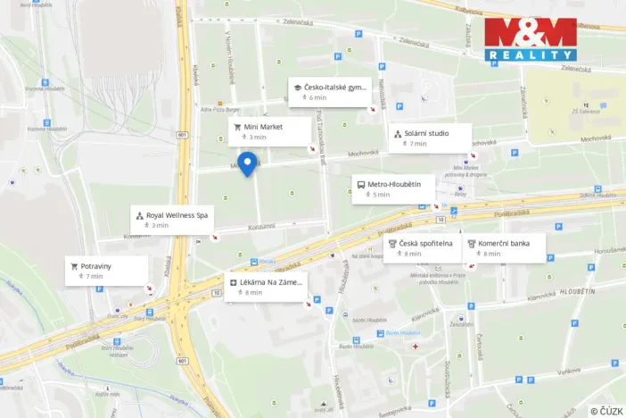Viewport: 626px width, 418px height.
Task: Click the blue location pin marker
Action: pos(247,164)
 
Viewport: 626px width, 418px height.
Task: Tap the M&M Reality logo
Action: pos(530,39)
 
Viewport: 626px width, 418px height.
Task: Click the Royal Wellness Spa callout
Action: pos(173,220)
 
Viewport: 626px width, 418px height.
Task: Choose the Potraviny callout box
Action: pos(107,271)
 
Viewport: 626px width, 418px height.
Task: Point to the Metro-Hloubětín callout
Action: pos(392,189)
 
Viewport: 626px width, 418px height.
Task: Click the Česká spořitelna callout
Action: pos(422,247)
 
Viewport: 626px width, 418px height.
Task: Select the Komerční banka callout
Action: pos(504,247)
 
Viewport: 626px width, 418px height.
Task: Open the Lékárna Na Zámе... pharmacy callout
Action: pos(266,287)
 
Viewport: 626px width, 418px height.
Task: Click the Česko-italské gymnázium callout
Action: pos(329,92)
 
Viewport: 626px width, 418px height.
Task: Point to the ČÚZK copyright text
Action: pos(606,410)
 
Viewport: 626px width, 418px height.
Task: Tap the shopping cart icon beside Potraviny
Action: pos(75,266)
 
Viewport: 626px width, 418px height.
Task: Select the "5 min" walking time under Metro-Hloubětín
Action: pos(382,195)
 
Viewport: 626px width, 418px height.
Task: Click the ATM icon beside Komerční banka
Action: pos(472,243)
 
